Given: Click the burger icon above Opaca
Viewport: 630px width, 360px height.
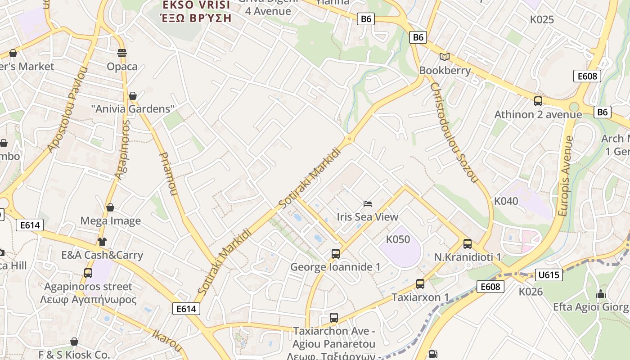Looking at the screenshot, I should point(121,53).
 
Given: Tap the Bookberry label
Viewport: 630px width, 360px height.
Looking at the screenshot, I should point(445,71).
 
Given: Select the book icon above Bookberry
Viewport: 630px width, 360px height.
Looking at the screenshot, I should point(445,57).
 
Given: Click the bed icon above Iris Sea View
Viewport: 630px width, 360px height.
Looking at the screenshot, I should point(368,204).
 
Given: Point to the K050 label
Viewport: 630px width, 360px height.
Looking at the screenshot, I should point(398,239).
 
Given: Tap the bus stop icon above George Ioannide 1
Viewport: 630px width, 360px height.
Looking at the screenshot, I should point(335,253).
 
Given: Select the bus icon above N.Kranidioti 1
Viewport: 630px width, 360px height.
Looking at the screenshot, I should point(468,244).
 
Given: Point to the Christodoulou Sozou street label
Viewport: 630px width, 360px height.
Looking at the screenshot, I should point(453,132).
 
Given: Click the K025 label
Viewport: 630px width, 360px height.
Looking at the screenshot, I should point(542,20).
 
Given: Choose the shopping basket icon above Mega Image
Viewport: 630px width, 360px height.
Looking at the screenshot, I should point(110,207).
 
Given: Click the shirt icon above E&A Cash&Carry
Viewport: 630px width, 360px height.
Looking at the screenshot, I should point(102,242).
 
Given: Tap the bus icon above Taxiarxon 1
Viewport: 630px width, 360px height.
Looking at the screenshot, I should point(420,284).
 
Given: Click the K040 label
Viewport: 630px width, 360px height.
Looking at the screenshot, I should point(506,201).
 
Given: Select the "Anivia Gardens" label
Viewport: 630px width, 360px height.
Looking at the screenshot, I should point(133,109).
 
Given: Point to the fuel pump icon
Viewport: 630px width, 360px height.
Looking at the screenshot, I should point(433,354).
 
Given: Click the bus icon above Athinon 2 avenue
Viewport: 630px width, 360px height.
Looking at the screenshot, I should point(538,101).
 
